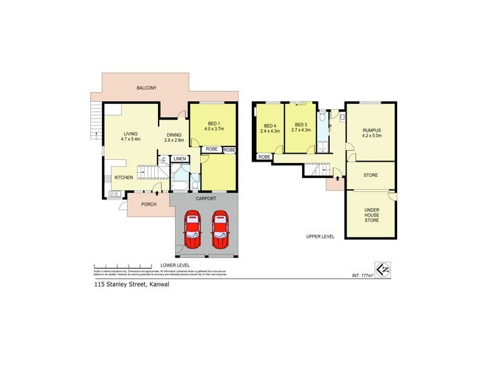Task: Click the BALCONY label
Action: pyautogui.click(x=146, y=88)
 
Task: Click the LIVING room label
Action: pyautogui.click(x=131, y=134)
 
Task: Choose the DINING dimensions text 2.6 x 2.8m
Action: pyautogui.click(x=176, y=140)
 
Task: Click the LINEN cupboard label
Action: pyautogui.click(x=179, y=159)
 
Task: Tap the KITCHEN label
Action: pyautogui.click(x=124, y=178)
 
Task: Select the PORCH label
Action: pyautogui.click(x=149, y=204)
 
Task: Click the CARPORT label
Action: pyautogui.click(x=206, y=199)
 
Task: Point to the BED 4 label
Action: pyautogui.click(x=269, y=126)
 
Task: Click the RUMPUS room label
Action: pyautogui.click(x=371, y=131)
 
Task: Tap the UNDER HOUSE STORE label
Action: pyautogui.click(x=371, y=215)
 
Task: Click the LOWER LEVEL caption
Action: pyautogui.click(x=175, y=265)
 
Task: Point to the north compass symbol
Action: pyautogui.click(x=382, y=269)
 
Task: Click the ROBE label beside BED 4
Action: pyautogui.click(x=264, y=157)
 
